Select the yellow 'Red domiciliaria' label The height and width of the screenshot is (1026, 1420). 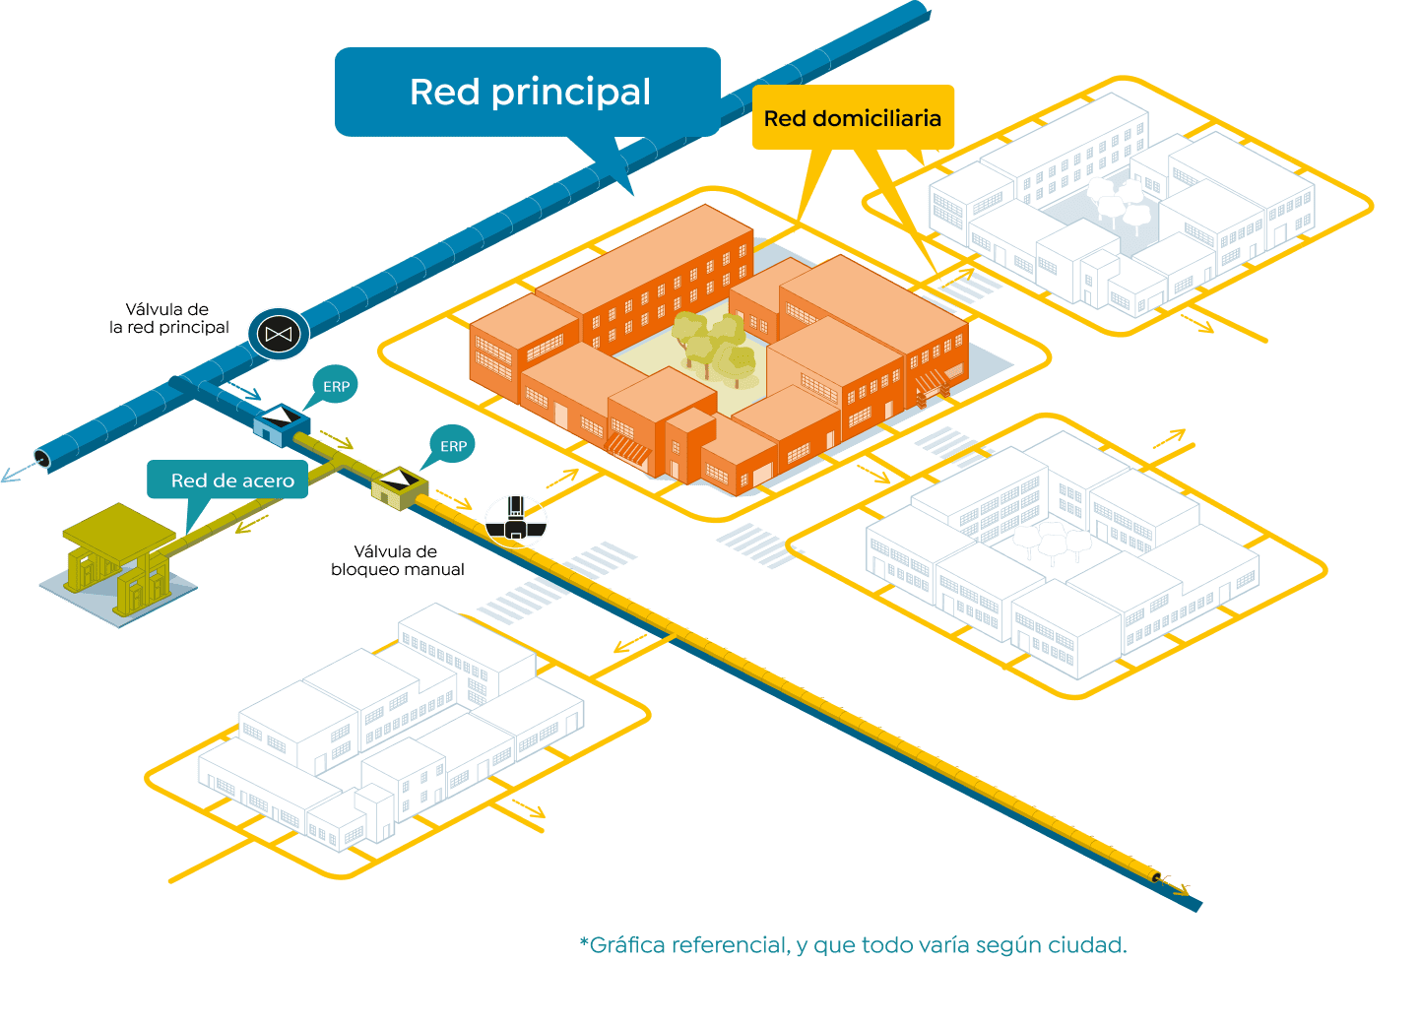pyautogui.click(x=853, y=118)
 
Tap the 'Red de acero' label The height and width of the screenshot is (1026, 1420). pyautogui.click(x=232, y=481)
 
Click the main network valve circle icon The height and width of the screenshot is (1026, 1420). pyautogui.click(x=279, y=334)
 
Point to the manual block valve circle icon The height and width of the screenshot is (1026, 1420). pyautogui.click(x=515, y=520)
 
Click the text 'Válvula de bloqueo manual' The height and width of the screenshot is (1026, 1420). pyautogui.click(x=397, y=560)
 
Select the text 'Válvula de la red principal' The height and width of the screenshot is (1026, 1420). pyautogui.click(x=168, y=318)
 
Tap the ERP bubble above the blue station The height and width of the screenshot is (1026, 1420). pyautogui.click(x=336, y=386)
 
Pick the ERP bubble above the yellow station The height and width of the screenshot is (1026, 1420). pyautogui.click(x=453, y=446)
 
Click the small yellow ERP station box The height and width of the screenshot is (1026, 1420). pyautogui.click(x=399, y=485)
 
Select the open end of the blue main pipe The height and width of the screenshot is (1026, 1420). pyautogui.click(x=41, y=458)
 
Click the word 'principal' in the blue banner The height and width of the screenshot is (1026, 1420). pyautogui.click(x=571, y=93)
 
